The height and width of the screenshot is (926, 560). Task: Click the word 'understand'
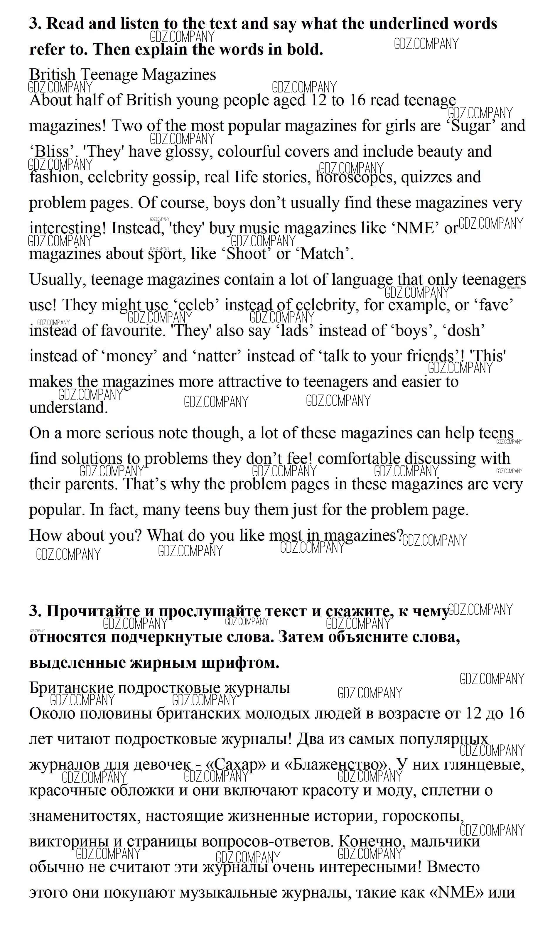[x=68, y=407]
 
